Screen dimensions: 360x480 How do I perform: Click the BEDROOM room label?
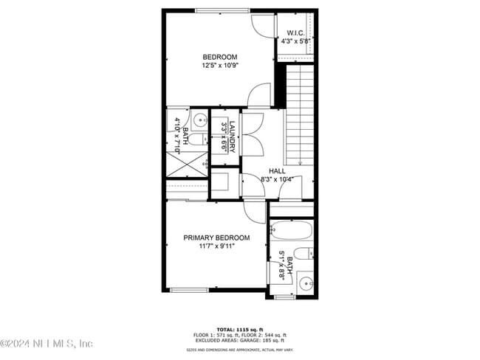point(219,57)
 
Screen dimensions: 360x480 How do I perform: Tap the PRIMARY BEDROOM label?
point(216,238)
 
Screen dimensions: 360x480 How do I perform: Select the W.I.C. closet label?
point(296,33)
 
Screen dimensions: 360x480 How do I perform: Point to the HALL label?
point(277,170)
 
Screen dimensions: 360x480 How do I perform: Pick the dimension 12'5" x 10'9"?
point(219,66)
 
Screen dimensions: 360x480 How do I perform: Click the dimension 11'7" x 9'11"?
point(216,246)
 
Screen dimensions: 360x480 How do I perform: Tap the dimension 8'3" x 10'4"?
point(277,179)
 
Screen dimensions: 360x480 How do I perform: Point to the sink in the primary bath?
point(306,281)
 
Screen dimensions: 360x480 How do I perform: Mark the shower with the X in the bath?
point(188,163)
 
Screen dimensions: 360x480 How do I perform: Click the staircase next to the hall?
point(298,114)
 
